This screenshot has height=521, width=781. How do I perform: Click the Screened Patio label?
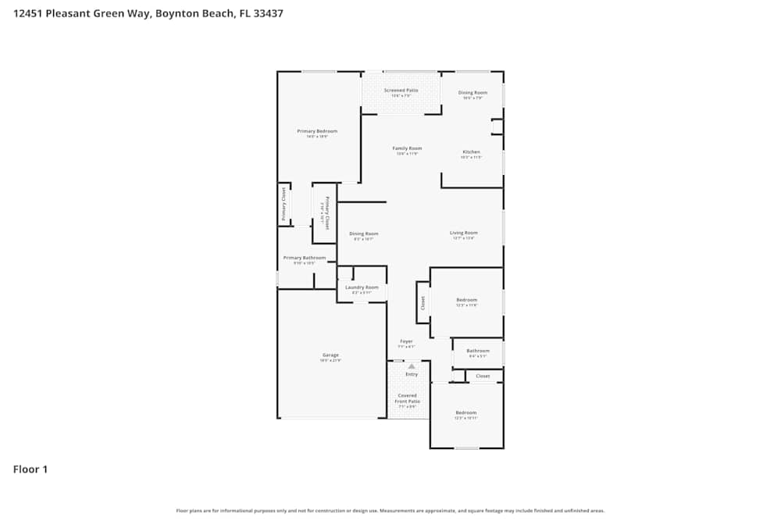401,90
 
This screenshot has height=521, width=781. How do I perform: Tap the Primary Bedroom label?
312,130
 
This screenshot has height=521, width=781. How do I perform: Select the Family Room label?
407,148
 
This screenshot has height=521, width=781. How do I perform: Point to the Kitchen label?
471,152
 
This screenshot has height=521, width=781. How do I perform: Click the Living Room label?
463,232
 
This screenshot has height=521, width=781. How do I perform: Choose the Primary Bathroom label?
304,257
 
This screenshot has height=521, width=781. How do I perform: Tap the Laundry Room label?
362,287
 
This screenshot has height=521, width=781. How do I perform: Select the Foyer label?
406,341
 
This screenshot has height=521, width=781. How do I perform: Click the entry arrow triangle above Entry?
412,365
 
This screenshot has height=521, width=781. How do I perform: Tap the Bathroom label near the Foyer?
478,351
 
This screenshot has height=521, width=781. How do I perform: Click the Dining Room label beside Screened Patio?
473,92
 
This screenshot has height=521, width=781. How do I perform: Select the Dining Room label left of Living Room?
363,233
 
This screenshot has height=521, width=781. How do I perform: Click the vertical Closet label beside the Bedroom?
423,302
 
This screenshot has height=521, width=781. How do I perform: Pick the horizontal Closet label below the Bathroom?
483,376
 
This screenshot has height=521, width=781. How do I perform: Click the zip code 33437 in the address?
267,13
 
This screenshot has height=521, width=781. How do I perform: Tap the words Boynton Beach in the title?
191,13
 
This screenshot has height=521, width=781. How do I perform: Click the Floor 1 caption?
30,469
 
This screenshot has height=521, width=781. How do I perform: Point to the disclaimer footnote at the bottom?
390,511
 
